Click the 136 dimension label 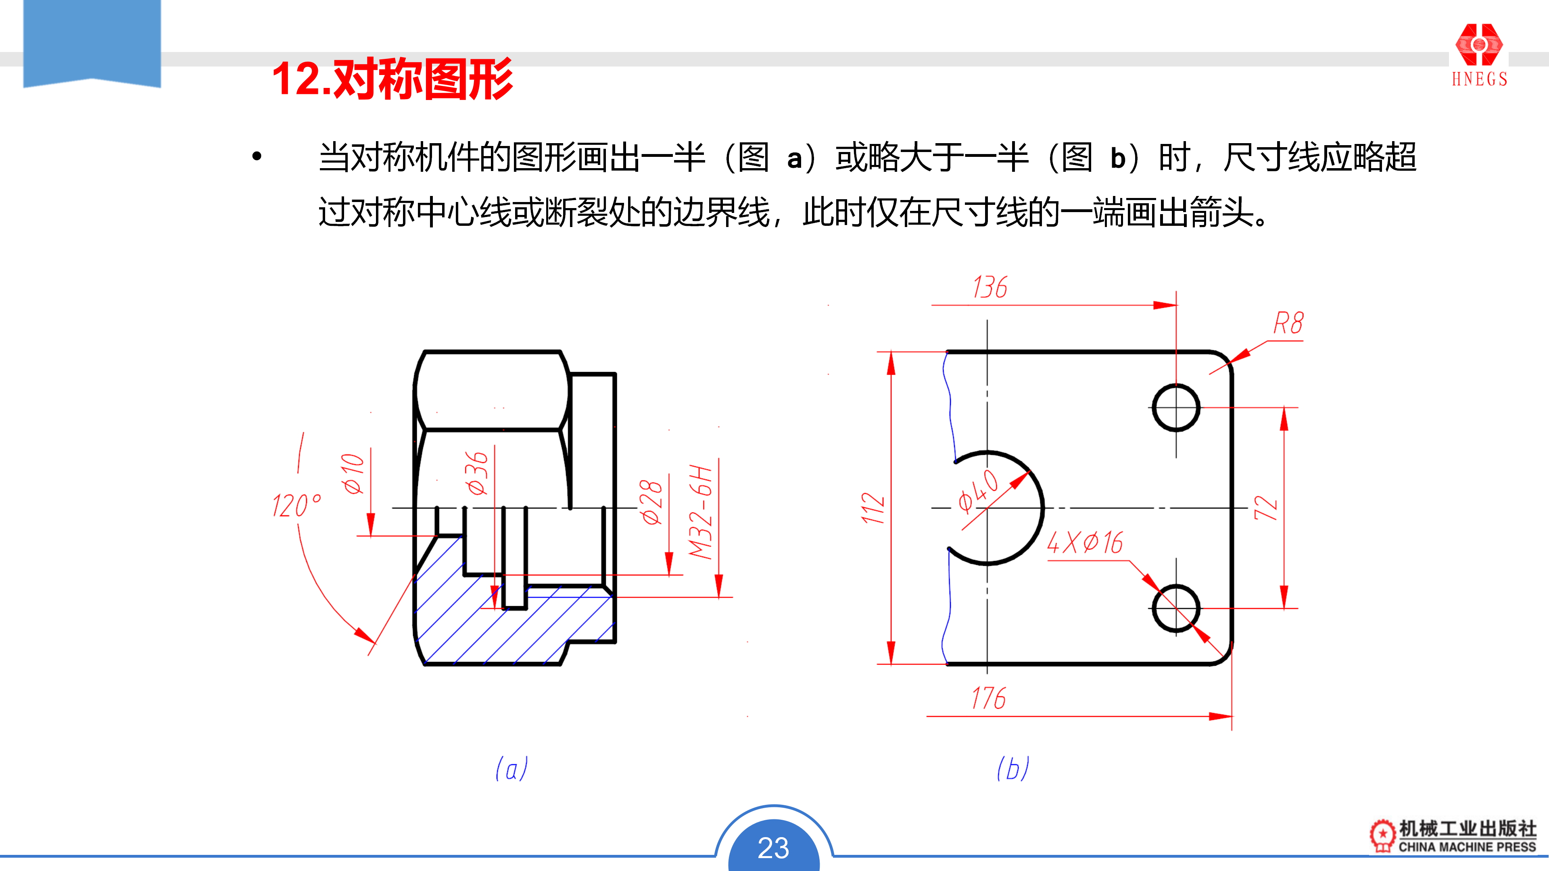[x=990, y=288]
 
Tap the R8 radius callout [x=1288, y=323]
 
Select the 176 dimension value [x=989, y=698]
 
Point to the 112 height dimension [x=873, y=508]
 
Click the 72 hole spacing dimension [x=1266, y=508]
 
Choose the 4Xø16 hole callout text [x=1085, y=543]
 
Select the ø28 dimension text [x=651, y=502]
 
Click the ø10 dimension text [x=353, y=474]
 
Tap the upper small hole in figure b [x=1176, y=408]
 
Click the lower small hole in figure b [x=1176, y=608]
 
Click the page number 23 [x=773, y=848]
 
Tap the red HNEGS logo [x=1479, y=54]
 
